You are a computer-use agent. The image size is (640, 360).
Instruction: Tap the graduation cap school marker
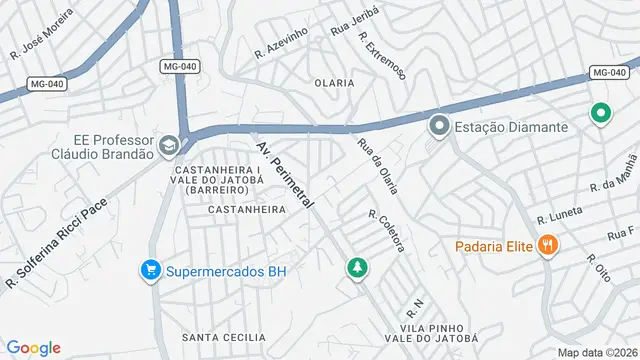[168, 147]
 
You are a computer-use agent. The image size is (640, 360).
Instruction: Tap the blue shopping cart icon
[150, 270]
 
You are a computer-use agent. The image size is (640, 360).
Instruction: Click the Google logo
[33, 347]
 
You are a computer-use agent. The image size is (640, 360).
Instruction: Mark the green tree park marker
[355, 268]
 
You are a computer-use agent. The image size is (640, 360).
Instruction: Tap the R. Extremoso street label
[383, 61]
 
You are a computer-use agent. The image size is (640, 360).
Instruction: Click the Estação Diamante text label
[511, 127]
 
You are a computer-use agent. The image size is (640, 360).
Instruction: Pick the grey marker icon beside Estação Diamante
[438, 127]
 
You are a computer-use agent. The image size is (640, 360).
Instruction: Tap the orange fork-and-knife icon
[547, 244]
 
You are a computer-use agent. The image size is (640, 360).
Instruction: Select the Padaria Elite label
[492, 245]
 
